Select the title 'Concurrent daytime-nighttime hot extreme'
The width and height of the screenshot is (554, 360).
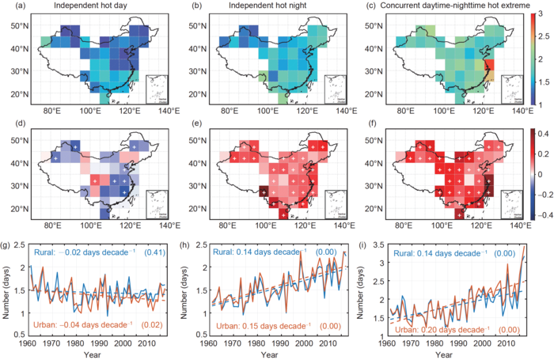pyautogui.click(x=435, y=7)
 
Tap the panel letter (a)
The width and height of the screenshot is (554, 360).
pyautogui.click(x=12, y=7)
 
